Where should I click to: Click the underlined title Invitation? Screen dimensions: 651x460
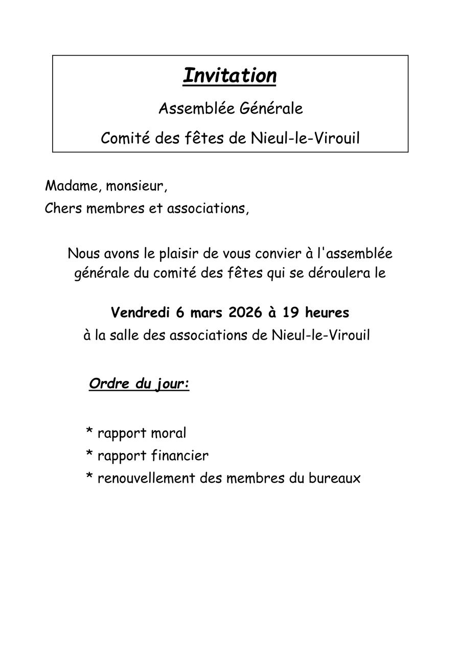tap(229, 76)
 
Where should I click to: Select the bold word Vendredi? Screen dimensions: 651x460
tap(141, 312)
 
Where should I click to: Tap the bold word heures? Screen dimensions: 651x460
tap(327, 312)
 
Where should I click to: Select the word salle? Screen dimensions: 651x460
tap(126, 335)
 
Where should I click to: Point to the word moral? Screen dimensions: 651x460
tap(169, 433)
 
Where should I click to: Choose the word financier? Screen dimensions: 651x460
tap(180, 456)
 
